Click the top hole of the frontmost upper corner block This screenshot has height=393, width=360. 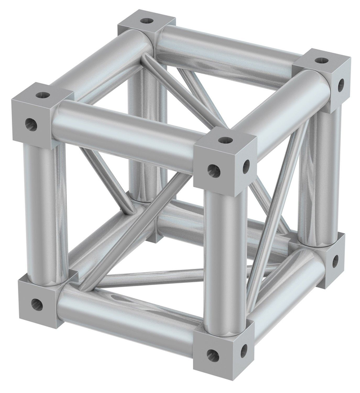[225, 140]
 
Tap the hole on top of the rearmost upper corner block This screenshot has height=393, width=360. [147, 21]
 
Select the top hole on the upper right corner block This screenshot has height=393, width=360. [321, 60]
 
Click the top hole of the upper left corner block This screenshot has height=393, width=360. [43, 94]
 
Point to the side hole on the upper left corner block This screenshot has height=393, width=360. [31, 125]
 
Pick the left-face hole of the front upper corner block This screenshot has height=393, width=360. [214, 170]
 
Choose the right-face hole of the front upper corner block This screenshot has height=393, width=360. [246, 166]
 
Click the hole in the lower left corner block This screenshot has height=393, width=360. [37, 305]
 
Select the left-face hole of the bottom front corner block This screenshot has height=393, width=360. [213, 355]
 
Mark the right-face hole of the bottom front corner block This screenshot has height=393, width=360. [244, 351]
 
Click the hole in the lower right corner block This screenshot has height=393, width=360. [335, 261]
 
